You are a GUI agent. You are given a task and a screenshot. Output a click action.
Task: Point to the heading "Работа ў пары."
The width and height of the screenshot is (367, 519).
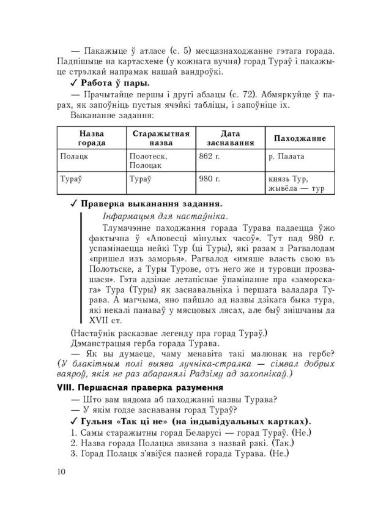coord(115,82)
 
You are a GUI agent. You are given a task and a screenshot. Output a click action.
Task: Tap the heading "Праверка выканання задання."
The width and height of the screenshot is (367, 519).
coord(152,204)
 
